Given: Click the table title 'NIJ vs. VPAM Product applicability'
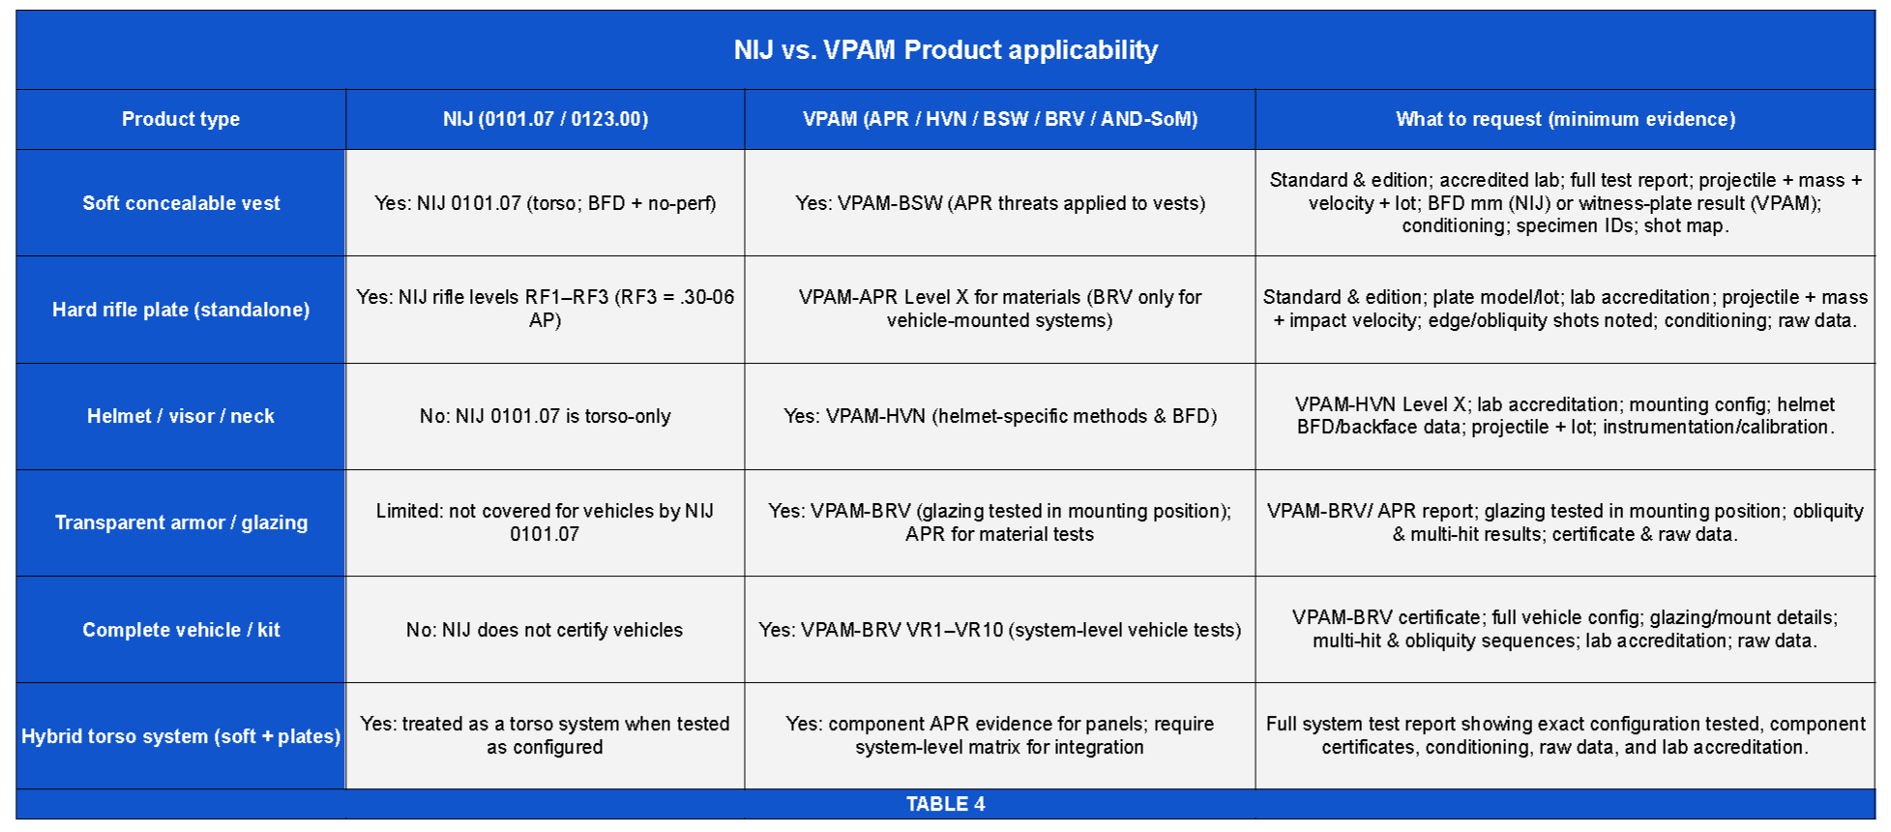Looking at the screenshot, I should [x=945, y=50].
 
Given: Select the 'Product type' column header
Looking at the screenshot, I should [x=181, y=119].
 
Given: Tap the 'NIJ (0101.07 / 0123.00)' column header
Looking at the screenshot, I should [x=546, y=119].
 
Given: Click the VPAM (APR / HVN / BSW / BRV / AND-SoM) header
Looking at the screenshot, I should [x=1000, y=119].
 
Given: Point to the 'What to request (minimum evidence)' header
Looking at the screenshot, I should [x=1565, y=119].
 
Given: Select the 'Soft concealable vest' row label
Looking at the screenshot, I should [x=181, y=203].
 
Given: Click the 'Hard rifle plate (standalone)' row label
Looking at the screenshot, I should [x=181, y=310].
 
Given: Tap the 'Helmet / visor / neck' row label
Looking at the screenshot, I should [x=181, y=416].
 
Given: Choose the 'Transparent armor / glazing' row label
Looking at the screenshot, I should [x=181, y=522].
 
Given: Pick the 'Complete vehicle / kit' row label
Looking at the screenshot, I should [x=181, y=630].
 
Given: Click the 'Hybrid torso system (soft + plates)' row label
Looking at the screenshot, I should [x=181, y=736].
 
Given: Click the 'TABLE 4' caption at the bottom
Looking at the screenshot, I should [x=945, y=804].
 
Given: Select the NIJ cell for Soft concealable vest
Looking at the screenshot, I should [x=546, y=203].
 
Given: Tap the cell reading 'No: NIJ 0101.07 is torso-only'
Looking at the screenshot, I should [x=546, y=416].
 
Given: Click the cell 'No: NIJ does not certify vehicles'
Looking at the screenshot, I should [x=546, y=630].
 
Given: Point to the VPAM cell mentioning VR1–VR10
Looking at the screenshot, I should [x=1000, y=630].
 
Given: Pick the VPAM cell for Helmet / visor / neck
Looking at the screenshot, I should [x=1000, y=416].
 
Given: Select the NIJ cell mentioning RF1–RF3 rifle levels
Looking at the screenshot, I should [x=546, y=309].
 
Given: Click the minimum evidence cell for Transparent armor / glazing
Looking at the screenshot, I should [x=1565, y=522].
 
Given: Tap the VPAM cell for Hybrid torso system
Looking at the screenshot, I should [x=1000, y=735].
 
